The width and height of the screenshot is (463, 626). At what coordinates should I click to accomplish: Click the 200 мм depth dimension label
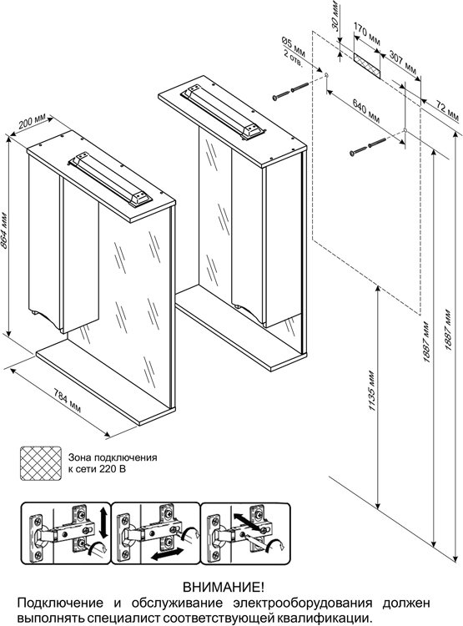[33, 120]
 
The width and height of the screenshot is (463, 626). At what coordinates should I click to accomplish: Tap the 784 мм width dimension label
[67, 401]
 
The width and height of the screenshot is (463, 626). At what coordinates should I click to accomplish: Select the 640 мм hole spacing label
[366, 110]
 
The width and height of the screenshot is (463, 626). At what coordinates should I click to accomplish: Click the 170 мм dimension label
[367, 34]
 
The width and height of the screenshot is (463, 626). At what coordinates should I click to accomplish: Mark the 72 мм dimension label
[447, 110]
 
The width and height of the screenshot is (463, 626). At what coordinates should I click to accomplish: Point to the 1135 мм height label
[371, 391]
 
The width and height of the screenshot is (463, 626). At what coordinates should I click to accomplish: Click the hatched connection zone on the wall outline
[367, 64]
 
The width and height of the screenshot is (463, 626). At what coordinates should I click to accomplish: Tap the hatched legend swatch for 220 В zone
[41, 463]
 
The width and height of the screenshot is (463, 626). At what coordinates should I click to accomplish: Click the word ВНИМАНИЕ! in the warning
[223, 587]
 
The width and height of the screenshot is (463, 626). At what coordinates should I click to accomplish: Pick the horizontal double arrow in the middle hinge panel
[168, 554]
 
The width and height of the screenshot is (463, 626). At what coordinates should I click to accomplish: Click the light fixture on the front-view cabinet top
[110, 180]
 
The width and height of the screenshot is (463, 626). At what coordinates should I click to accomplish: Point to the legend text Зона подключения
[113, 457]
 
